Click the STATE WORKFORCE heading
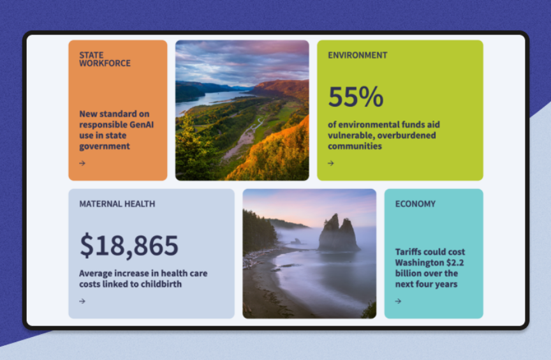coord(105,59)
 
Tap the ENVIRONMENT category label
coord(357,55)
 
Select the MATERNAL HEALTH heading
coord(117,204)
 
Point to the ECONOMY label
coord(415,204)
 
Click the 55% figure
coord(356,96)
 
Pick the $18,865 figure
coord(129,246)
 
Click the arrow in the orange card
coord(82,163)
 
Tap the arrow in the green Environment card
coord(331,163)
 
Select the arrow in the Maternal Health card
coord(82,301)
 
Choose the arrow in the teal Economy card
coord(398,301)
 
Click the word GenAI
coord(142,125)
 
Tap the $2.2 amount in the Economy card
coord(455,262)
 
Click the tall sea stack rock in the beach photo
coord(338,233)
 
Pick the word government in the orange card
coord(105,147)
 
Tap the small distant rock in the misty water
coord(296,241)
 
